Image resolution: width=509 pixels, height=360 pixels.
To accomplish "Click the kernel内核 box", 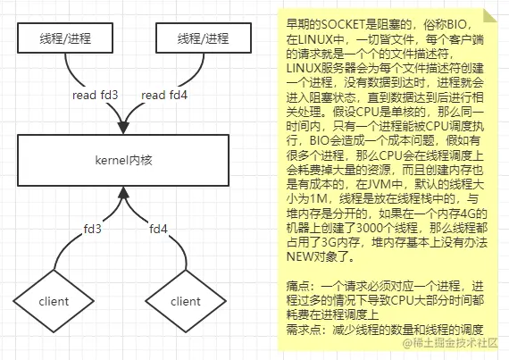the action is pyautogui.click(x=123, y=161).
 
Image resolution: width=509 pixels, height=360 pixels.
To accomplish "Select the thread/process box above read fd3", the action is pyautogui.click(x=65, y=38).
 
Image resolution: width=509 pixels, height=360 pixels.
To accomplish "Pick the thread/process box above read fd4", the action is pyautogui.click(x=204, y=38).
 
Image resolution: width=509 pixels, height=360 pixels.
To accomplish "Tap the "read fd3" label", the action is pyautogui.click(x=96, y=95).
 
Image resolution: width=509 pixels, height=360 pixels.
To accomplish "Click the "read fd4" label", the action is pyautogui.click(x=164, y=95).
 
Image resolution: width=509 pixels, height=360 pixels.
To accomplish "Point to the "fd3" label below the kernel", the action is pyautogui.click(x=93, y=229).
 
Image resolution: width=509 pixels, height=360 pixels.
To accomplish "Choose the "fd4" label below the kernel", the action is pyautogui.click(x=158, y=229).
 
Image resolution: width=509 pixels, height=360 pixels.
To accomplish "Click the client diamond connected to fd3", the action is pyautogui.click(x=54, y=301).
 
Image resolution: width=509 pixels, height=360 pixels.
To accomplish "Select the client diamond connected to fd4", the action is pyautogui.click(x=186, y=301).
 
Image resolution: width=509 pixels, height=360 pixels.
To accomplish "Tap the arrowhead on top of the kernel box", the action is pyautogui.click(x=123, y=128).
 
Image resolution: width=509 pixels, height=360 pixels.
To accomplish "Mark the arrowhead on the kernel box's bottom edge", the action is pyautogui.click(x=123, y=193).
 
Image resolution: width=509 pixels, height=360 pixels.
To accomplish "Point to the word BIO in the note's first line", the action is pyautogui.click(x=458, y=24).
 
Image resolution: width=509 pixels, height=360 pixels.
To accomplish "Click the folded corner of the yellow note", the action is pyautogui.click(x=490, y=15).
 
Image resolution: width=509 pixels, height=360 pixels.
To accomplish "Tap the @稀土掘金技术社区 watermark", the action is pyautogui.click(x=450, y=343).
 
